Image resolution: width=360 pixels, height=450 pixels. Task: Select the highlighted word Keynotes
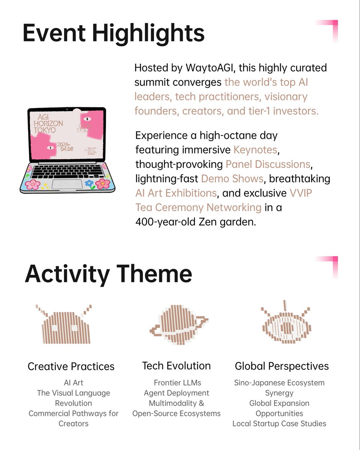(x=255, y=150)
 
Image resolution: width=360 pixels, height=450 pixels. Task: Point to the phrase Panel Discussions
(x=268, y=164)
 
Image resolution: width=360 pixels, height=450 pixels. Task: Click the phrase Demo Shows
(x=232, y=178)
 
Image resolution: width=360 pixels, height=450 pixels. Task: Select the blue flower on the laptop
(x=89, y=184)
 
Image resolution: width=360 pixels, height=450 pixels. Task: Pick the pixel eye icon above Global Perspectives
(x=286, y=324)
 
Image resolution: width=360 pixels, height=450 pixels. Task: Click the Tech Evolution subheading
(x=176, y=366)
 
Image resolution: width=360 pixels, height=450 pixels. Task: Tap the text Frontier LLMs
(x=177, y=383)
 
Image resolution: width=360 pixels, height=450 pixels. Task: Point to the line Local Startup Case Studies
(x=279, y=424)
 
